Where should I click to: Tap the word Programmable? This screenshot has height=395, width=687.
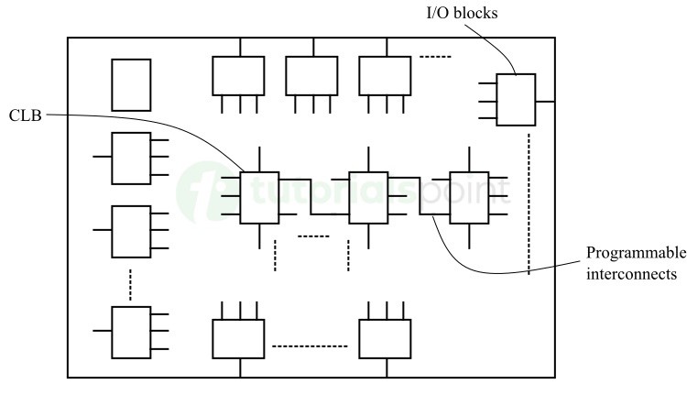coord(635,253)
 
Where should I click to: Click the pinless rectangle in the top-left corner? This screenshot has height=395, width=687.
coord(130,85)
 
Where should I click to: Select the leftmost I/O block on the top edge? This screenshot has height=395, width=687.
coord(238,75)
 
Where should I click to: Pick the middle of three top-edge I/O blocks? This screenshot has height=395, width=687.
coord(311,75)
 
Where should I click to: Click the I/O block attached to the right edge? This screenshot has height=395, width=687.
coord(516,100)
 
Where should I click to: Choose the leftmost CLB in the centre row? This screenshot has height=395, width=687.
coord(259,197)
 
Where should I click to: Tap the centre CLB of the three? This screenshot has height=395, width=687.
coord(368,197)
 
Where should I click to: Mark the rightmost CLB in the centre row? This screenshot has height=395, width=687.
coord(468,197)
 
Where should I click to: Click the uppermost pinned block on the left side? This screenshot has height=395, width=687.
coord(130,159)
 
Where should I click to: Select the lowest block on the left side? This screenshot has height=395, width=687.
coord(130,332)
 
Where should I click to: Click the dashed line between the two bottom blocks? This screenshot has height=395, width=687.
coord(311,346)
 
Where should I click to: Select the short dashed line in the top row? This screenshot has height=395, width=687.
coord(436,59)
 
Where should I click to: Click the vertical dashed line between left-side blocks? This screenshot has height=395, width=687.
coord(130,283)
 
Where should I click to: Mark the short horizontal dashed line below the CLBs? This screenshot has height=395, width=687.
coord(313,236)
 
